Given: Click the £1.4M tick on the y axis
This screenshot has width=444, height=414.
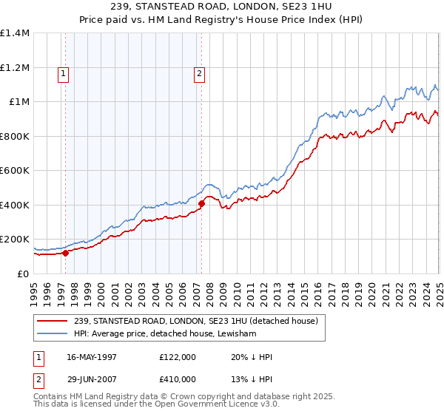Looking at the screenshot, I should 15,33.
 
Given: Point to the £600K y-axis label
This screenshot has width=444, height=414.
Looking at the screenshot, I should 15,171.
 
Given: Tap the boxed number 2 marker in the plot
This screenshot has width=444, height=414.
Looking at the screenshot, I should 201,73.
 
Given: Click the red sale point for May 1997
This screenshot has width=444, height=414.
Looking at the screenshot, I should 65,253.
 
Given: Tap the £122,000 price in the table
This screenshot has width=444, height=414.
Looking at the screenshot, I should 178,356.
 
